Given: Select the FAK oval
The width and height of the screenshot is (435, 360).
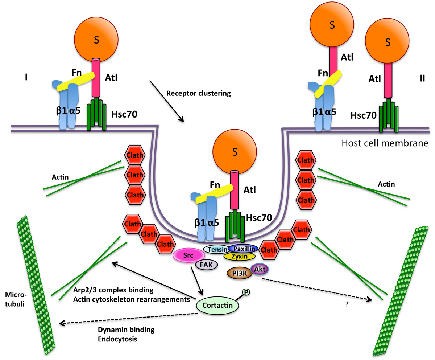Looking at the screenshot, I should click(x=206, y=265).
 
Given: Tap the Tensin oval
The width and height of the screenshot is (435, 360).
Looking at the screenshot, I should click(x=216, y=249).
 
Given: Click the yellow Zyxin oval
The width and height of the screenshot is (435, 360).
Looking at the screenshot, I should click(x=240, y=256).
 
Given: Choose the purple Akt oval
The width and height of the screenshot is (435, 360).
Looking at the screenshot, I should click(x=260, y=269).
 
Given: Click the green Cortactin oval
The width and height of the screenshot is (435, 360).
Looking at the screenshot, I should click(x=217, y=305).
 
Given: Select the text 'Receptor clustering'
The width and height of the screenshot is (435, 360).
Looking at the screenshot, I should click(x=198, y=93).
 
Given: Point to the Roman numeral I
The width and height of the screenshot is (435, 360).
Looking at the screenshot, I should click(x=26, y=77).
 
